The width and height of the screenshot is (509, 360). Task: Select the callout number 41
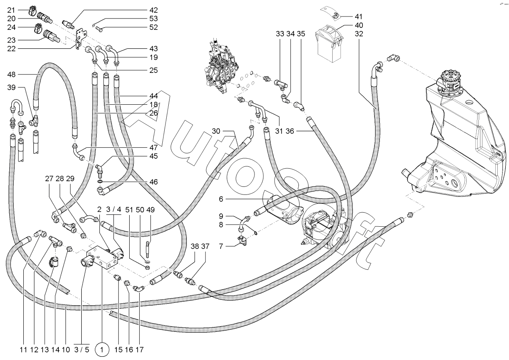click(358, 17)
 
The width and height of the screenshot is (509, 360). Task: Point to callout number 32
click(359, 34)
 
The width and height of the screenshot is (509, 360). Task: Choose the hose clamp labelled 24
click(37, 29)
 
